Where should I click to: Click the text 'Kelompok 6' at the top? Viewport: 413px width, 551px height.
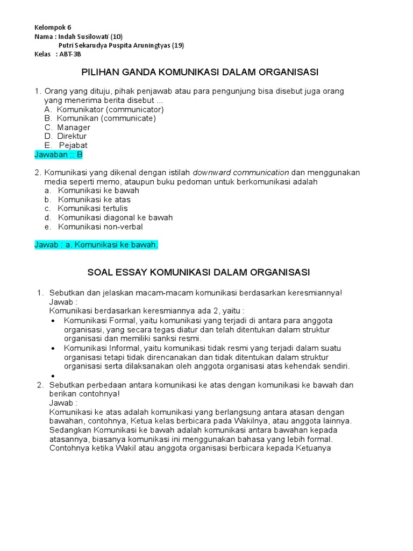[53, 27]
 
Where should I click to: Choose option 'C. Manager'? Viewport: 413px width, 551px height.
[67, 128]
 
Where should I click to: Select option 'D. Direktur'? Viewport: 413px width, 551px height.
[66, 136]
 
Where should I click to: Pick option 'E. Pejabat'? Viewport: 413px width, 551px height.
[66, 145]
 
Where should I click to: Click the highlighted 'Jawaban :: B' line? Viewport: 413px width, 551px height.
[59, 154]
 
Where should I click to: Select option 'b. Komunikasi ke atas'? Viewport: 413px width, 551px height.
[87, 200]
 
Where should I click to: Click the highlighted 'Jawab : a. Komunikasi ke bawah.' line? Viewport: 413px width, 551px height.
[96, 245]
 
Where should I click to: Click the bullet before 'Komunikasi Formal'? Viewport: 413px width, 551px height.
[53, 320]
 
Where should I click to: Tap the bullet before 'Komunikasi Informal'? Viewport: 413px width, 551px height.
[53, 348]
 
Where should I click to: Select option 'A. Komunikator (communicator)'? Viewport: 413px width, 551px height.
[104, 109]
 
